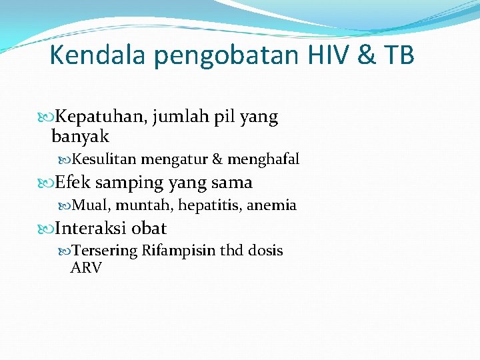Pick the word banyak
click(x=80, y=137)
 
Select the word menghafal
click(x=263, y=160)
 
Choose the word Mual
click(x=86, y=205)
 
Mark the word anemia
click(x=271, y=205)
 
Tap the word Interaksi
click(x=91, y=228)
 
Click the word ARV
click(x=86, y=268)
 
